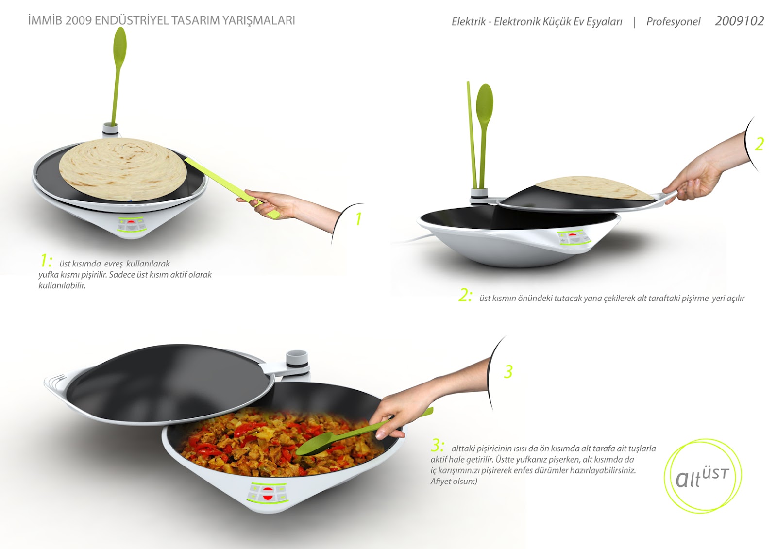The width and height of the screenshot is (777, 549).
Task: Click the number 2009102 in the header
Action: tap(739, 21)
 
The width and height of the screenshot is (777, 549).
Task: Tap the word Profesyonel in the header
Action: tap(673, 22)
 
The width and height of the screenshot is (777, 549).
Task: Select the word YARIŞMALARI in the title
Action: tap(258, 20)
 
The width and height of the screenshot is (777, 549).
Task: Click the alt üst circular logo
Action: tap(702, 476)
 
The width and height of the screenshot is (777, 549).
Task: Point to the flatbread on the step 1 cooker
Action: tap(123, 169)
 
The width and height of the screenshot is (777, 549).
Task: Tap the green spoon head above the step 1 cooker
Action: tap(120, 45)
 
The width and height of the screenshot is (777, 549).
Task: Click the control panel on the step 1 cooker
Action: tap(131, 224)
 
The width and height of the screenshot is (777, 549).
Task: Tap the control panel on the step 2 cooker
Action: tap(573, 238)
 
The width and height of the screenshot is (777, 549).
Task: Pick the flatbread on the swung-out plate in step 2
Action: tap(594, 188)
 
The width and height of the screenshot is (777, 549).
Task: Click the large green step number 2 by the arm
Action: tap(759, 144)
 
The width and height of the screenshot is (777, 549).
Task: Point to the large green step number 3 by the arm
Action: tap(508, 371)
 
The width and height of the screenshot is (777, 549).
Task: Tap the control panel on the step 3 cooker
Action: tap(267, 493)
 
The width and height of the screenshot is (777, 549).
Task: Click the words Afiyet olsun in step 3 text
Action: tap(454, 482)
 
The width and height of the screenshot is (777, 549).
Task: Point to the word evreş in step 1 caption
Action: tap(114, 264)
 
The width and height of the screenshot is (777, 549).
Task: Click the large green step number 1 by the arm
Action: tap(359, 219)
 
